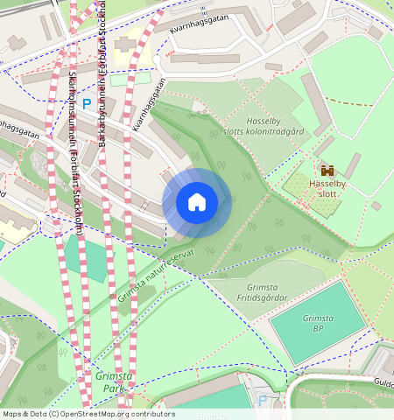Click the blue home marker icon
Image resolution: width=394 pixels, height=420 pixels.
pyautogui.click(x=197, y=202)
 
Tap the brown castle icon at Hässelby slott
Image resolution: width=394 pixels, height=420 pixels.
pyautogui.click(x=327, y=171)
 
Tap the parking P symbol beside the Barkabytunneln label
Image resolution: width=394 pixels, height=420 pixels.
pyautogui.click(x=86, y=103)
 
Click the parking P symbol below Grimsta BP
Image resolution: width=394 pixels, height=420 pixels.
pyautogui.click(x=264, y=400)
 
